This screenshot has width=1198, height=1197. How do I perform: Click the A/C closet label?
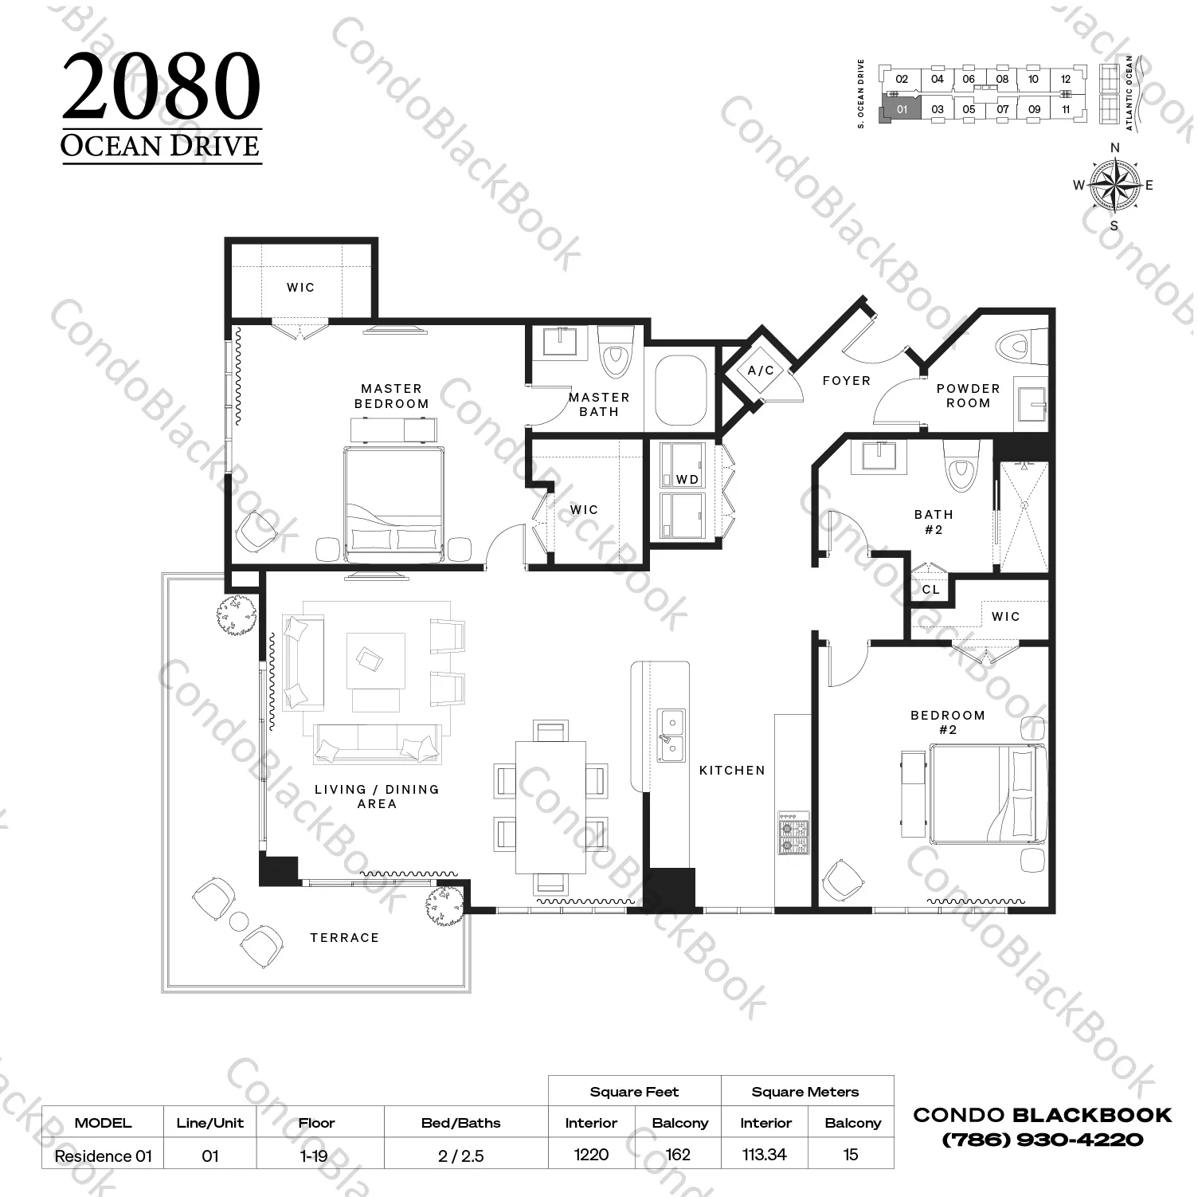point(761,371)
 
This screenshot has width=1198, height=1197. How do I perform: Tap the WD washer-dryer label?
point(687,480)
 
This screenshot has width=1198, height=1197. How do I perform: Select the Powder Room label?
point(969,396)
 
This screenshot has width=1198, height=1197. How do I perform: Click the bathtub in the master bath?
point(681,391)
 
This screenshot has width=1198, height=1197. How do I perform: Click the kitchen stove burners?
point(793,834)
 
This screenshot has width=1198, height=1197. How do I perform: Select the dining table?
point(550,807)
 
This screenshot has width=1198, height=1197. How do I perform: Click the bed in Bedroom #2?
point(988,794)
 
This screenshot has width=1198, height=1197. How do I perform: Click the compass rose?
point(1114,186)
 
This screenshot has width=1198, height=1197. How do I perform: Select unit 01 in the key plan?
point(902,109)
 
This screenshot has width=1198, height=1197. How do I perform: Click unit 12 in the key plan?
point(1066,80)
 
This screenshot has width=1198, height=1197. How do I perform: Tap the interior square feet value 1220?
point(591,1155)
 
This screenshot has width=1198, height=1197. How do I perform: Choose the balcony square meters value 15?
point(851,1155)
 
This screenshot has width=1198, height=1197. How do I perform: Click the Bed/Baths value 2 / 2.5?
point(461,1156)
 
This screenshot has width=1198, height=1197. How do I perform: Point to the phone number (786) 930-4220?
point(1043,1140)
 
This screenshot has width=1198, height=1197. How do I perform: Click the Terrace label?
point(345,938)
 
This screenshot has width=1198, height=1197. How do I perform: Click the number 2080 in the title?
point(162,87)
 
